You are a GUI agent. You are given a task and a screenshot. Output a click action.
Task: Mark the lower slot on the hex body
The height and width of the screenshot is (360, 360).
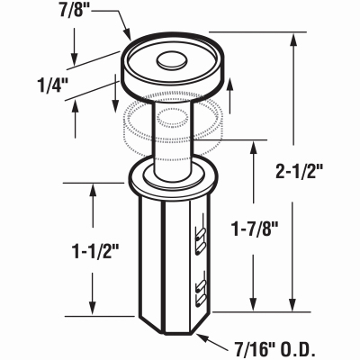coord(201,291)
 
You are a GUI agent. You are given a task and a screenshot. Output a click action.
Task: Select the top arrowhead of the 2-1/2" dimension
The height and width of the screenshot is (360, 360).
coord(295,41)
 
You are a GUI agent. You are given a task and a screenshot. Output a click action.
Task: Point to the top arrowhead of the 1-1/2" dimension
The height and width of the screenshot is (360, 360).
coord(93,186)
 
